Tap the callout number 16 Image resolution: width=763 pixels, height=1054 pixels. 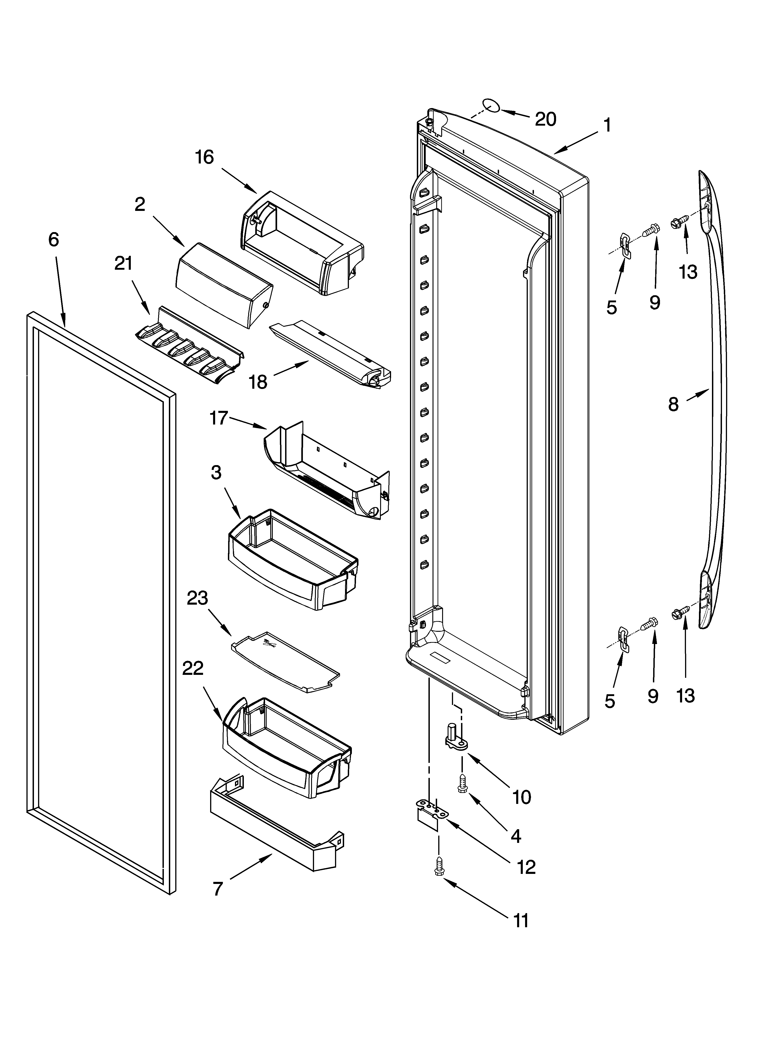(204, 157)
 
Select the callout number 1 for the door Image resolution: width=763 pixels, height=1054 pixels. (607, 125)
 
